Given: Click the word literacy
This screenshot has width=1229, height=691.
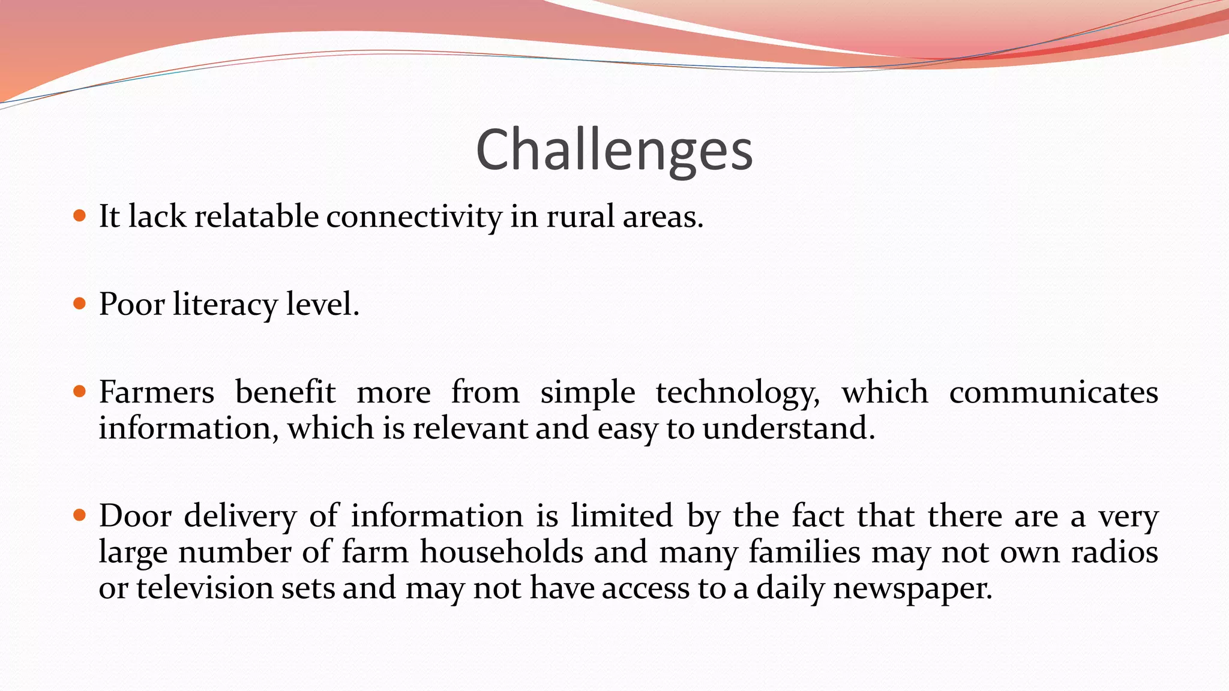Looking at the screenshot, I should pyautogui.click(x=225, y=304).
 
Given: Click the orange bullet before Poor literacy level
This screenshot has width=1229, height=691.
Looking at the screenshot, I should pyautogui.click(x=79, y=304).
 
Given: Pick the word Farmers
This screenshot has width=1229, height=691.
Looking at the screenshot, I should pyautogui.click(x=156, y=392).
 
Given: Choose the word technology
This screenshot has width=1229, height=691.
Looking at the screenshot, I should pyautogui.click(x=738, y=393).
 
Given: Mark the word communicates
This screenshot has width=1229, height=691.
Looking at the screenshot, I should pyautogui.click(x=1053, y=392).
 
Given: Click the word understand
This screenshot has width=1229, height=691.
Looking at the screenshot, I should pyautogui.click(x=789, y=428).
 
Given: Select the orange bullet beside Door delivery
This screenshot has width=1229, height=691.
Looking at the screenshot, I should pyautogui.click(x=79, y=515).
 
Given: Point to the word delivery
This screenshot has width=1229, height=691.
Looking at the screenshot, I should pyautogui.click(x=240, y=516).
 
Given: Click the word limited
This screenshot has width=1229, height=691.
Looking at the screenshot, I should pyautogui.click(x=621, y=516).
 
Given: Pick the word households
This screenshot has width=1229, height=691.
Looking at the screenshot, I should pyautogui.click(x=501, y=552).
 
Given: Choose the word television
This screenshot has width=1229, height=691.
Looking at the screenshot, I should pyautogui.click(x=204, y=588).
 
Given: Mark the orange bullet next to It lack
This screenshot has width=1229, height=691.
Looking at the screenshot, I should pyautogui.click(x=79, y=215).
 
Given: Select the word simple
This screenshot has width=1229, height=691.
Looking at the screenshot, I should pyautogui.click(x=587, y=393).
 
